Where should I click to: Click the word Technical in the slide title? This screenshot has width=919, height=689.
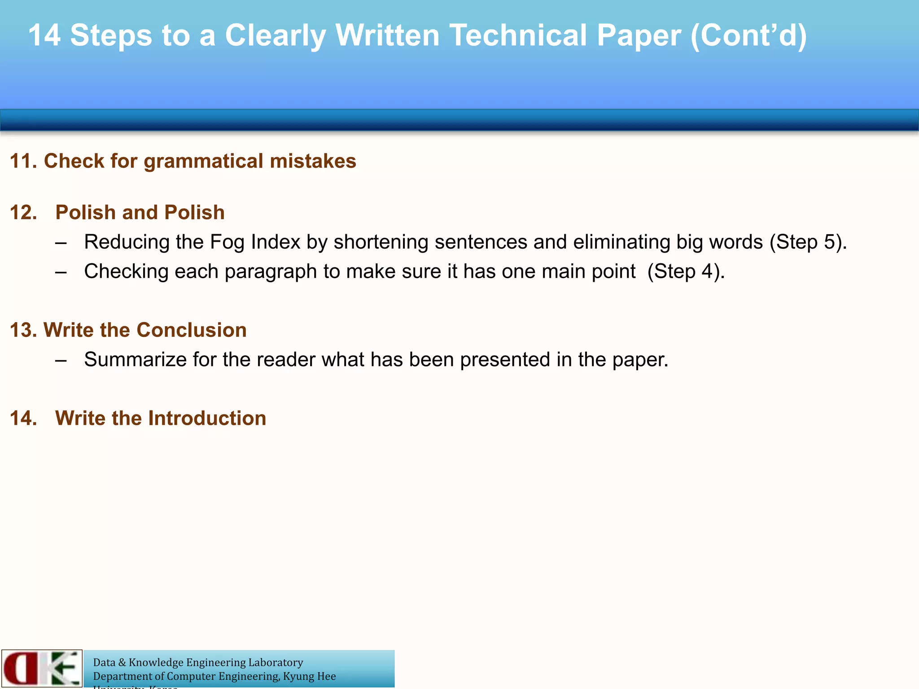coord(519,35)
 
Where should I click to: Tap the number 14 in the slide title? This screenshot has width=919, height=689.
coord(44,35)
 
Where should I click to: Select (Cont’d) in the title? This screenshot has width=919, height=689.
coord(748,35)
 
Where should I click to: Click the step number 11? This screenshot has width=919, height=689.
coord(23,161)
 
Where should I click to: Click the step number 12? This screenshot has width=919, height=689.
coord(23,213)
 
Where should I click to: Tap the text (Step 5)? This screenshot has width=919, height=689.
coord(808,242)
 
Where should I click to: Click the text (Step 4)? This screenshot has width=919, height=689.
coord(686,271)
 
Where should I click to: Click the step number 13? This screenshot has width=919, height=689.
coord(23,330)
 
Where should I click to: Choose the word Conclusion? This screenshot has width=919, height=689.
coord(192,330)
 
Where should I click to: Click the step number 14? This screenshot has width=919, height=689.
coord(23,418)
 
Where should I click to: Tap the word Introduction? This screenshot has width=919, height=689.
coord(207,418)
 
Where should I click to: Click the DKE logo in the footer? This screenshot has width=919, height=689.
coord(42,668)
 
